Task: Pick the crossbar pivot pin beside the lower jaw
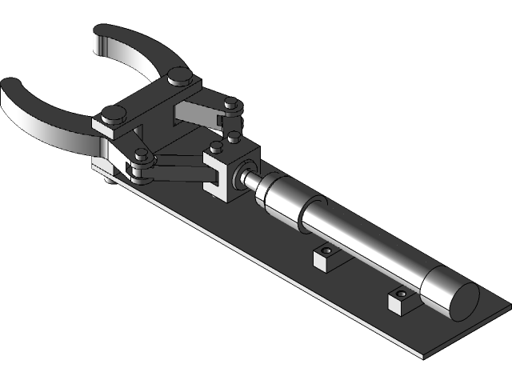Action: (x=112, y=114)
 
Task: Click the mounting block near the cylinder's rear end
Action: (x=401, y=301)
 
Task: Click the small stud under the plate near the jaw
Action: (x=109, y=179)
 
